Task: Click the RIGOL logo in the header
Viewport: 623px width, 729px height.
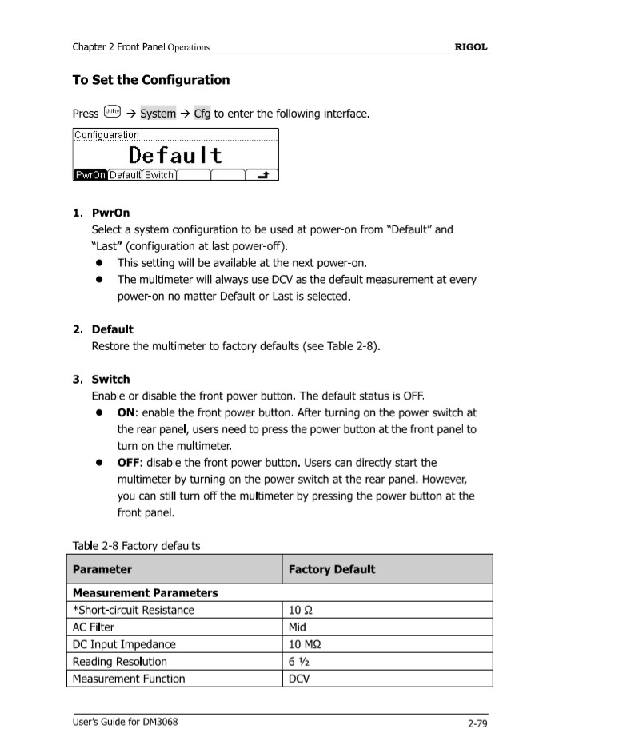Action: pyautogui.click(x=470, y=47)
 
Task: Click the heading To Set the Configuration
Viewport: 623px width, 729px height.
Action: pyautogui.click(x=150, y=80)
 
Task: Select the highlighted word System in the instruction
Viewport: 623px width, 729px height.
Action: pyautogui.click(x=158, y=114)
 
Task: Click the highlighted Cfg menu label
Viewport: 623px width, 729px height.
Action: pyautogui.click(x=202, y=114)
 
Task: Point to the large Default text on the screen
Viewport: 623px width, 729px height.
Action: pyautogui.click(x=175, y=154)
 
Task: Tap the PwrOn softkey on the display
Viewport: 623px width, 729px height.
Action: pyautogui.click(x=90, y=175)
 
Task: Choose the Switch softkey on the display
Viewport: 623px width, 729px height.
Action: pyautogui.click(x=159, y=175)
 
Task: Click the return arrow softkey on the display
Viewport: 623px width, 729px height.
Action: pyautogui.click(x=262, y=175)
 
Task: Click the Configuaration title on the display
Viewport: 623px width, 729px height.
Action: pyautogui.click(x=106, y=135)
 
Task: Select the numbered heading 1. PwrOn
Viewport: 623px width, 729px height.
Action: pyautogui.click(x=101, y=213)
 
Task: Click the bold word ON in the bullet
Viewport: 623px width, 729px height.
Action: pyautogui.click(x=126, y=412)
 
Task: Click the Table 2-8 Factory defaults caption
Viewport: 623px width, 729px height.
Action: pyautogui.click(x=136, y=546)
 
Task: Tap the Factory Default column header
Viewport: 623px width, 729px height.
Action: pyautogui.click(x=331, y=569)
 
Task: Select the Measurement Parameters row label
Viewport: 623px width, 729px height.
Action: pyautogui.click(x=145, y=593)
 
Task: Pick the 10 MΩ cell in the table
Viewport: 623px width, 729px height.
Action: pyautogui.click(x=305, y=644)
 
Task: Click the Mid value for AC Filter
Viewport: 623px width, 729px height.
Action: pyautogui.click(x=297, y=627)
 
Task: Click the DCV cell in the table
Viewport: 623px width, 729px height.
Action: pyautogui.click(x=299, y=679)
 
